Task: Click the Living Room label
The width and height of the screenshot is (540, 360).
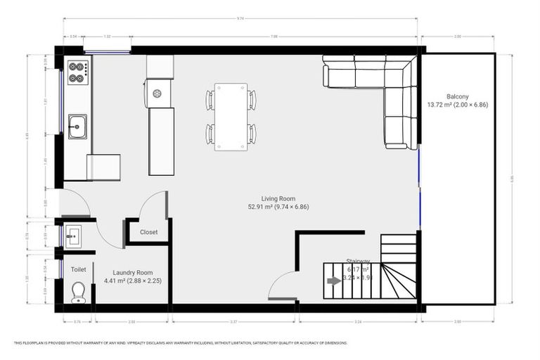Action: click(278, 199)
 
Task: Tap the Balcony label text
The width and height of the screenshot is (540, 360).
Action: click(457, 96)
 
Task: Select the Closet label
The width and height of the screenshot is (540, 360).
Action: click(148, 232)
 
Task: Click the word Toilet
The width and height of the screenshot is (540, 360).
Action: click(78, 269)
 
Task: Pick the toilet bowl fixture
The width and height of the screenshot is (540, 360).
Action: click(78, 292)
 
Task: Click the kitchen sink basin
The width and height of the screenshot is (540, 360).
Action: click(77, 126)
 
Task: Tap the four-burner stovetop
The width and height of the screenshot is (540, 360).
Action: click(77, 72)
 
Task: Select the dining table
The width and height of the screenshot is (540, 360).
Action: click(231, 116)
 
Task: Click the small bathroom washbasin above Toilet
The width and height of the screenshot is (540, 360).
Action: click(74, 236)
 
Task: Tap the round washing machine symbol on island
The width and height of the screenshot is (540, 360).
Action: click(157, 93)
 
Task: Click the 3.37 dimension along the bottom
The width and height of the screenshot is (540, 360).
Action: click(234, 321)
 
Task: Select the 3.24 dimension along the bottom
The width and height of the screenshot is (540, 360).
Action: click(359, 321)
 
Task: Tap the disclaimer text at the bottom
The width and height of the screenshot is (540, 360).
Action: click(180, 343)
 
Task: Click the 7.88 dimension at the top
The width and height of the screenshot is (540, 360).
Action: click(274, 35)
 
